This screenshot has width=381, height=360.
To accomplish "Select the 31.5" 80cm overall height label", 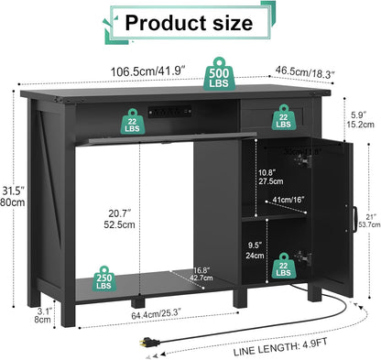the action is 12,197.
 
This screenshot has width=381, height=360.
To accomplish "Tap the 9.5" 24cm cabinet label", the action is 256,250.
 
